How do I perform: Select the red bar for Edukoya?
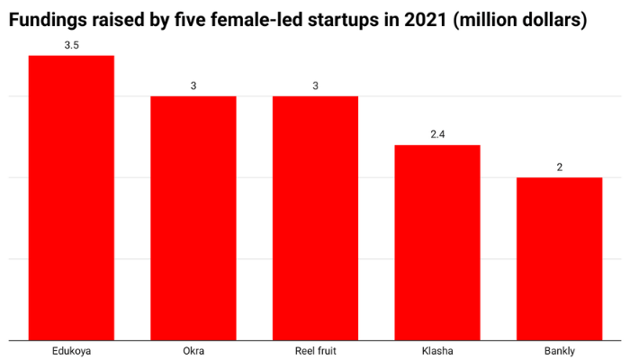click(71, 198)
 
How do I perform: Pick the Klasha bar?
click(437, 243)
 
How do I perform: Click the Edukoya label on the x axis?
click(71, 350)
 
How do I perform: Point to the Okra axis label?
click(193, 350)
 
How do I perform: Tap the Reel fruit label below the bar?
click(315, 350)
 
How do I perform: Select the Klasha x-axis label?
click(437, 350)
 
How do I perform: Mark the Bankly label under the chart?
click(559, 350)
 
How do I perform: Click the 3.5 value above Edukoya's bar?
click(71, 44)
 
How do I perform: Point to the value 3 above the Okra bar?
click(193, 85)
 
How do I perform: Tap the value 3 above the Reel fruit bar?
click(315, 85)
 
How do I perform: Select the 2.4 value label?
click(437, 134)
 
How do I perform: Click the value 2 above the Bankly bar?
click(559, 166)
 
